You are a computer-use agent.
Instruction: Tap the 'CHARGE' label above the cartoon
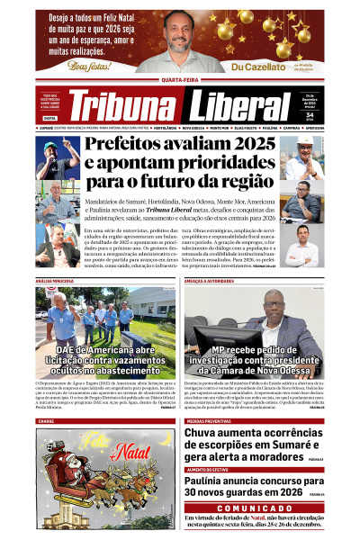(46, 420)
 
